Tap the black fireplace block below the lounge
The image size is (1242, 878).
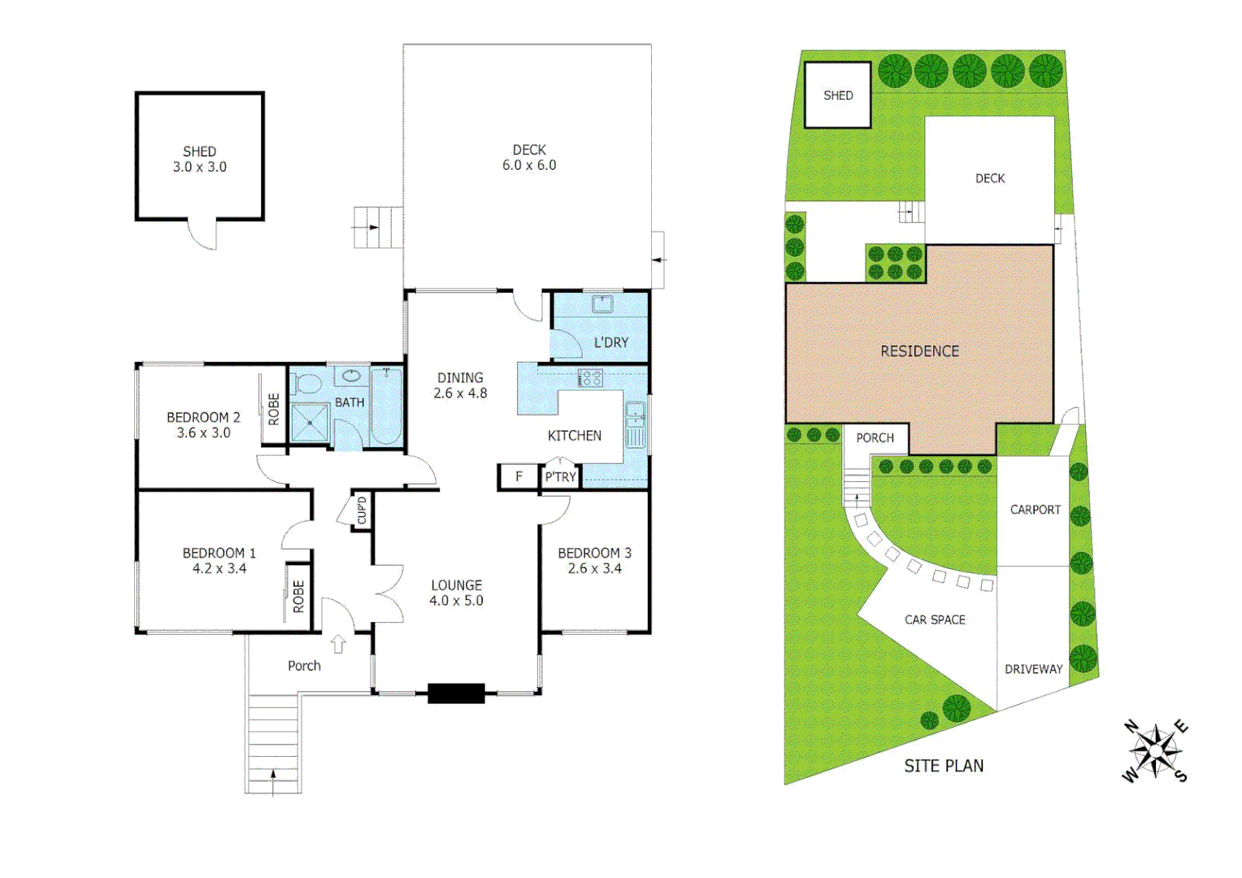(456, 693)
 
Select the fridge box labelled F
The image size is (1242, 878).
(519, 476)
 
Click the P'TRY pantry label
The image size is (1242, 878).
(560, 477)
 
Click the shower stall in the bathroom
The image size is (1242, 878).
(310, 423)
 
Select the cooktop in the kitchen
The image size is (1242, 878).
(590, 378)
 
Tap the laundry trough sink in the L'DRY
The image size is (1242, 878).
(602, 304)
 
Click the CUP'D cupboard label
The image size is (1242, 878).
(362, 511)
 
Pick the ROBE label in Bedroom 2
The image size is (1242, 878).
(274, 409)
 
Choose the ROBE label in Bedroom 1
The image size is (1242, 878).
(298, 596)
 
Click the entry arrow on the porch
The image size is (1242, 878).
(338, 644)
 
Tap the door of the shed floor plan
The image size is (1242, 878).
(203, 235)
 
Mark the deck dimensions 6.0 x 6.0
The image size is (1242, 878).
(529, 165)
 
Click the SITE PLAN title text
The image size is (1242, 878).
(944, 766)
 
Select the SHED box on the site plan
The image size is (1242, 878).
(838, 95)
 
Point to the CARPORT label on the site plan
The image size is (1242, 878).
(1035, 510)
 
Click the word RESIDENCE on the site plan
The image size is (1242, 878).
(919, 351)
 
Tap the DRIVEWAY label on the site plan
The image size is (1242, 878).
(1033, 669)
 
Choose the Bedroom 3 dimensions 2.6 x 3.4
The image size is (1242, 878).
(594, 568)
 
